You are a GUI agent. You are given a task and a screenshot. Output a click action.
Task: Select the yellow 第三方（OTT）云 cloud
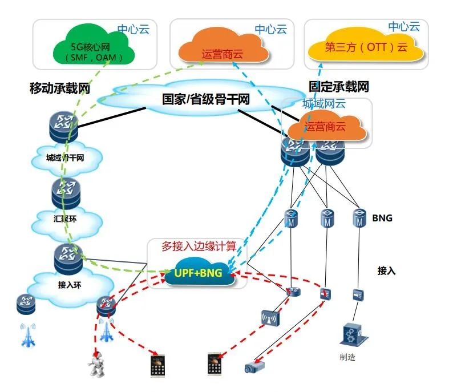[x=366, y=47]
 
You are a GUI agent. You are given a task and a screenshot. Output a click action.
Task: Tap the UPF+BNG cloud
[x=199, y=272]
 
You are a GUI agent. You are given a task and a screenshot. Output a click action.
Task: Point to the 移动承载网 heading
[x=60, y=88]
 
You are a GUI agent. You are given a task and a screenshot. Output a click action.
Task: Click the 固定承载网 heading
[x=338, y=86]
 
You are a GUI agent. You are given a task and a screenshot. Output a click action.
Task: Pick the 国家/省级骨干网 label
[x=206, y=99]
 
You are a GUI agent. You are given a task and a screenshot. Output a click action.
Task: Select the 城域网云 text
[x=324, y=103]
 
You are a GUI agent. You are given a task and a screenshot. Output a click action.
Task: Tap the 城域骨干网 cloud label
[x=65, y=157]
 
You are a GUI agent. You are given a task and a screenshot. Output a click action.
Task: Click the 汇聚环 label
[x=65, y=219]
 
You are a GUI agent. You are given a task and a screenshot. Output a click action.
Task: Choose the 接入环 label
[x=70, y=285]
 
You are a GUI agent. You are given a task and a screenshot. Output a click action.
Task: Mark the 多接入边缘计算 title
[x=199, y=246]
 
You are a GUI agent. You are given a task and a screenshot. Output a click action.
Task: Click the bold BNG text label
[x=382, y=218]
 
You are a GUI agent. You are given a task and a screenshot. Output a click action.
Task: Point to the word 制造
[x=347, y=357]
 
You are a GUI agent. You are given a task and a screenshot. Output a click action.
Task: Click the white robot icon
[x=96, y=364]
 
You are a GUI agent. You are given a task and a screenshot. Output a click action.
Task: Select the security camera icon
[x=254, y=366]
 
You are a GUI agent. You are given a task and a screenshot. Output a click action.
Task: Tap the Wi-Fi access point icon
[x=270, y=318]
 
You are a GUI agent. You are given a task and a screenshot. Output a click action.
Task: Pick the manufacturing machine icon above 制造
[x=354, y=334]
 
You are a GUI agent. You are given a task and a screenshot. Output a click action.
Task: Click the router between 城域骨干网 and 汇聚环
[x=66, y=193]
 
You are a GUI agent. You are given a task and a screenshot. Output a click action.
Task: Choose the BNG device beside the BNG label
[x=359, y=218]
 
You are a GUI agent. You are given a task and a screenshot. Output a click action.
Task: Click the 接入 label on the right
[x=386, y=270]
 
